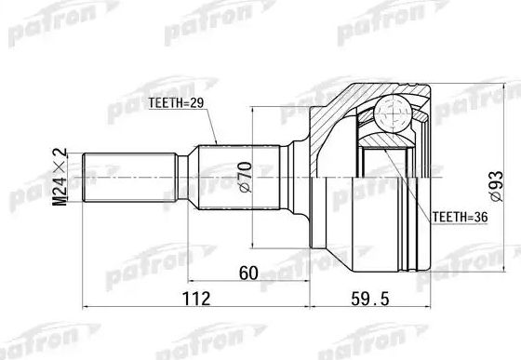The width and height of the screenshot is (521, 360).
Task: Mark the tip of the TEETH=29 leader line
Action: pyautogui.click(x=217, y=144)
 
